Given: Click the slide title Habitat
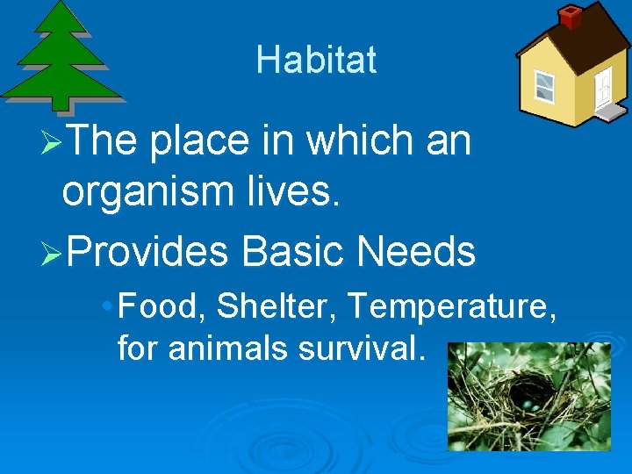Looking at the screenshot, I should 316,60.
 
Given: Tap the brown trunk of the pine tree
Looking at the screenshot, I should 62,104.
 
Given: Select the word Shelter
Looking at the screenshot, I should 277,308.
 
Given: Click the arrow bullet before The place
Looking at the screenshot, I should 53,142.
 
